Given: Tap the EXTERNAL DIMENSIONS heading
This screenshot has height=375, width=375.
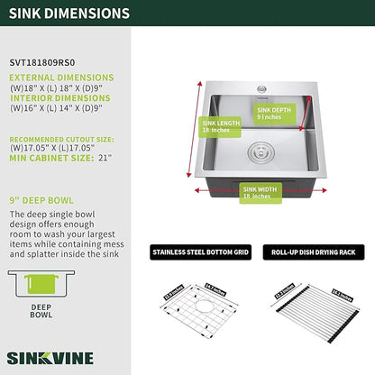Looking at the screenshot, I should [62, 78].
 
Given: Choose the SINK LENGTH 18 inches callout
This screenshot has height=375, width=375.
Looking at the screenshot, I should [220, 127].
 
